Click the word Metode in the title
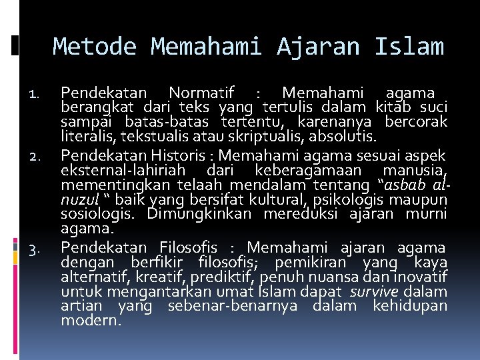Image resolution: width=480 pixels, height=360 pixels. coord(95,47)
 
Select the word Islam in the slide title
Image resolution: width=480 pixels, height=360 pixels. coord(409,47)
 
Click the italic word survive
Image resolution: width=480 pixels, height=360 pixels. coord(376,291)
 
